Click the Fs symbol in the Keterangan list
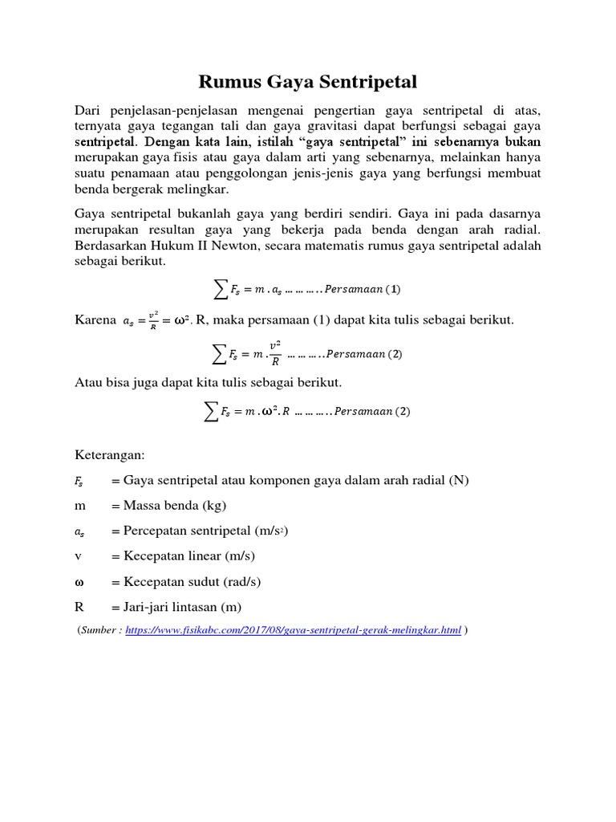coord(79,481)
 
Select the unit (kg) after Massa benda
coord(212,506)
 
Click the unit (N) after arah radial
coord(459,480)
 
